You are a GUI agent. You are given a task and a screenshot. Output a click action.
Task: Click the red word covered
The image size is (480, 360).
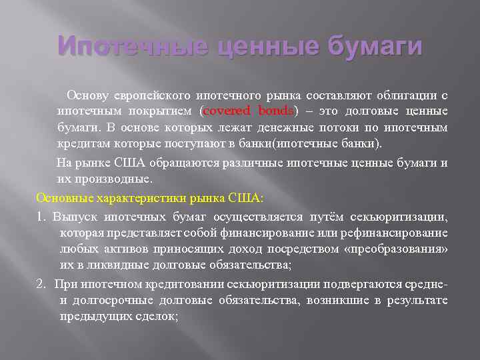[x=229, y=110]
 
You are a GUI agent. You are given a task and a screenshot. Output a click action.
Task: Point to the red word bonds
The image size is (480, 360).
[x=280, y=110]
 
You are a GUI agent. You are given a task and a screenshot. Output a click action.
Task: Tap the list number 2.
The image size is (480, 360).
[x=41, y=265]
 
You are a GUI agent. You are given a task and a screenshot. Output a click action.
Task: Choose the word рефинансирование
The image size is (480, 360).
[x=401, y=232]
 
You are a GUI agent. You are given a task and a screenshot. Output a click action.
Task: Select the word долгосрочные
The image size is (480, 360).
[x=111, y=300]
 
